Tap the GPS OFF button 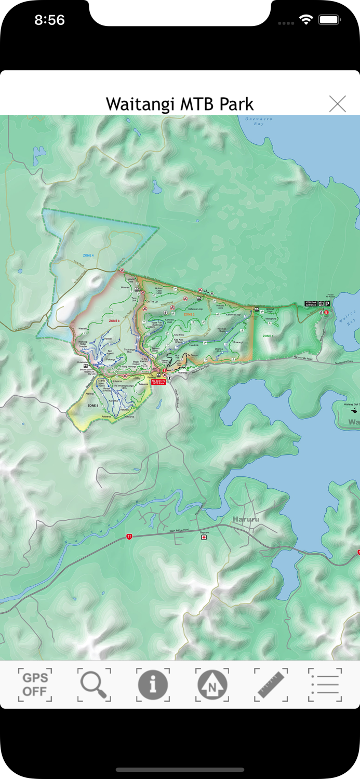point(35,684)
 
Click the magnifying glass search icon point(94,684)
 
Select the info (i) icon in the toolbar point(153,684)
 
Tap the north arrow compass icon point(212,684)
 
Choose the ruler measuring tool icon point(271,684)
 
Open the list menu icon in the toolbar point(325,684)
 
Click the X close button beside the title point(337,104)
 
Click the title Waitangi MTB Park point(180,104)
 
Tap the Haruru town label point(246,519)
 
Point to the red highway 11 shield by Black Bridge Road point(128,536)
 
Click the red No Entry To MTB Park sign point(158,382)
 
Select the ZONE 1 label point(268,336)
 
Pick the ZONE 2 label point(189,315)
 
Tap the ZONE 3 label point(114,321)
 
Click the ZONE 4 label point(88,256)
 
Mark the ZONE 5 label point(93,405)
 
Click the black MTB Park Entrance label point(311,303)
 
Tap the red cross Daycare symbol point(204,538)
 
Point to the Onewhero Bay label point(258,122)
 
